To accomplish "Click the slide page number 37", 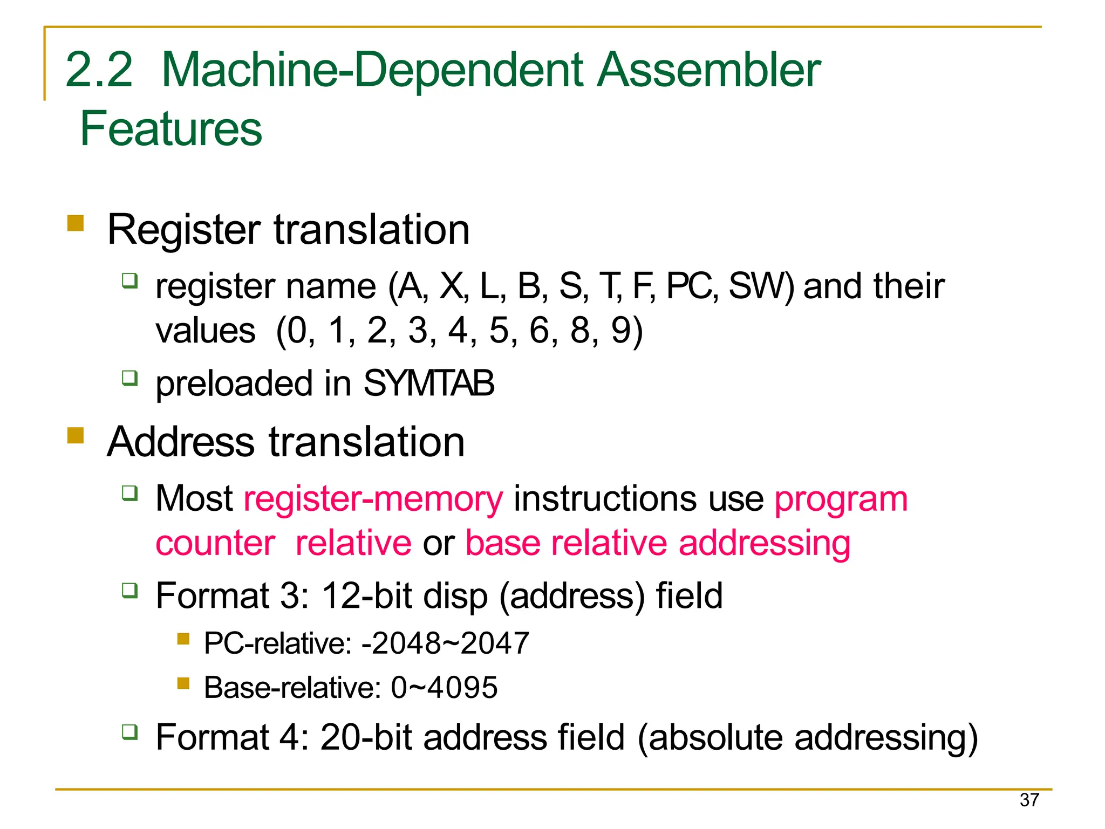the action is click(1029, 800).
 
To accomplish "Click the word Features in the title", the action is click(171, 129).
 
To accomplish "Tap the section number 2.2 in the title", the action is click(99, 70).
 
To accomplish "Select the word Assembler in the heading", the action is click(708, 70).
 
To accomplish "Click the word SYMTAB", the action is click(429, 383).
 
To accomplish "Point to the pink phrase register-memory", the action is click(373, 498).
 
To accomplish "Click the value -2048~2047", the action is click(445, 643).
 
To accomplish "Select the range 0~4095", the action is click(444, 688).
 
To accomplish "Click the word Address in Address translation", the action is click(181, 442).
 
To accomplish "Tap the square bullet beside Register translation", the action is click(76, 223).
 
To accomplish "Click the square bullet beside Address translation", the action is click(76, 435).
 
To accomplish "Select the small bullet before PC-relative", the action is click(183, 639).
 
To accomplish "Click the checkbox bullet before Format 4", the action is click(129, 732).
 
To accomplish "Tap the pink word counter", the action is click(215, 543).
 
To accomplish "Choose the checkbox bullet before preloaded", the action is click(129, 378).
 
